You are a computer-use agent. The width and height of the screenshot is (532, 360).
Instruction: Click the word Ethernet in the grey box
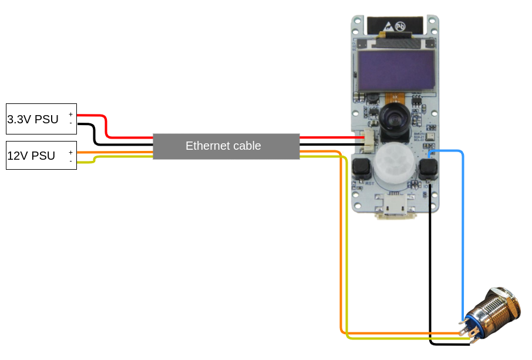coord(206,146)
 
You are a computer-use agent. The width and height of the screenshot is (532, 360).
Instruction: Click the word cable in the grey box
coord(246,146)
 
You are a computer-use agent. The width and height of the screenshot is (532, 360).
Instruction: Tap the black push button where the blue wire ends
coord(429,169)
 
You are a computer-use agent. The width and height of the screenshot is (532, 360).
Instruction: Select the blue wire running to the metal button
coord(463,235)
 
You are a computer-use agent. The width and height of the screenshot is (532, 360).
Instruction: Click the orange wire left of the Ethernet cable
coord(115,153)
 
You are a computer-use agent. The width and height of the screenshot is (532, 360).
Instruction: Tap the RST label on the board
coord(370,184)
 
